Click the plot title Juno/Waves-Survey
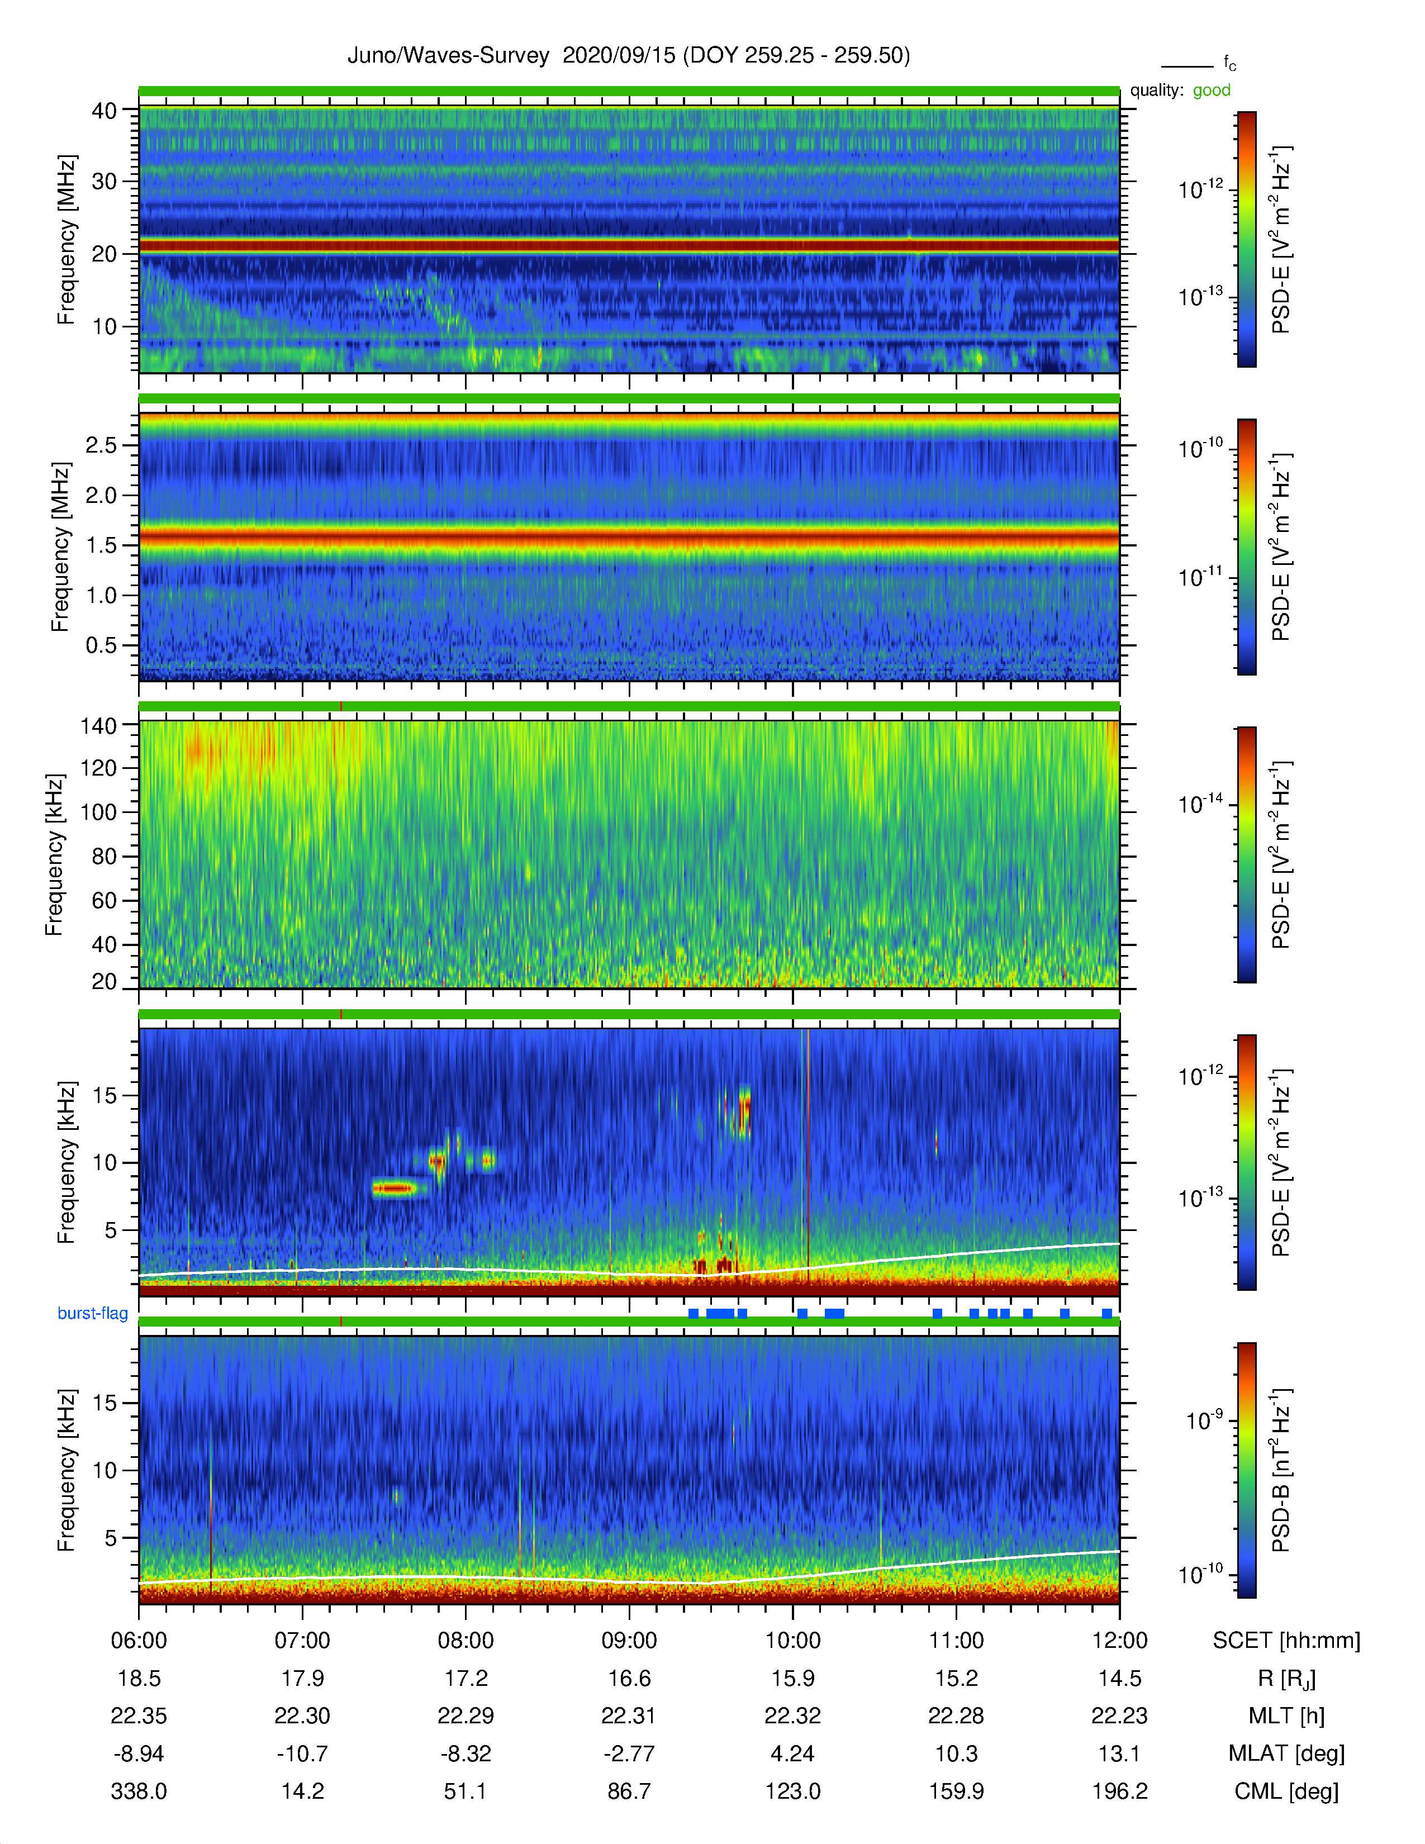click(448, 56)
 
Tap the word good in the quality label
click(1212, 91)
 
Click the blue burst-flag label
click(93, 1313)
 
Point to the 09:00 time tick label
click(629, 1641)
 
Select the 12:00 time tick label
click(1119, 1641)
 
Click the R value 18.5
click(139, 1679)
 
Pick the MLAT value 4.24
click(793, 1753)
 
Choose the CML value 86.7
click(629, 1791)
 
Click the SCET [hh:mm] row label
click(1286, 1641)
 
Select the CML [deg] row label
click(1286, 1791)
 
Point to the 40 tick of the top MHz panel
click(104, 111)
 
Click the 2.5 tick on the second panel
click(101, 445)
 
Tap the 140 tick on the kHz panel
click(98, 725)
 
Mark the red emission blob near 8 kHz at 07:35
click(393, 1189)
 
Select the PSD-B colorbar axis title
click(1281, 1470)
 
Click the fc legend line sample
click(1187, 66)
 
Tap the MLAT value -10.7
click(302, 1753)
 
